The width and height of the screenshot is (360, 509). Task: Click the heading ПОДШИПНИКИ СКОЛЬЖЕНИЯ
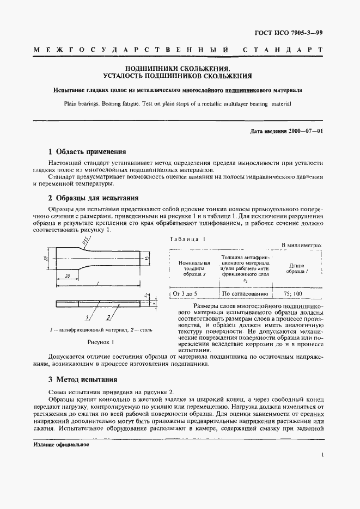tap(179, 69)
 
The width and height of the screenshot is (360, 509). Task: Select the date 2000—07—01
tap(304, 131)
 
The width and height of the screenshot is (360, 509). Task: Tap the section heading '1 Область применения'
tap(87, 152)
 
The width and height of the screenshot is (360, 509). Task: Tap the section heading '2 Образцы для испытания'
tap(93, 198)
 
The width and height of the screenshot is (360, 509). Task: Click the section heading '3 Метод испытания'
tap(82, 379)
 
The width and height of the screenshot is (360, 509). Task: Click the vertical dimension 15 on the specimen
tap(148, 259)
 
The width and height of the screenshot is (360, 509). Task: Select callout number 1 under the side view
tap(88, 317)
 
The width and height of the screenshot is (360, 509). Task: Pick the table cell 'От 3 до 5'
tap(187, 294)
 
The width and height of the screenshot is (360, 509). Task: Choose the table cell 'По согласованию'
tap(245, 294)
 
